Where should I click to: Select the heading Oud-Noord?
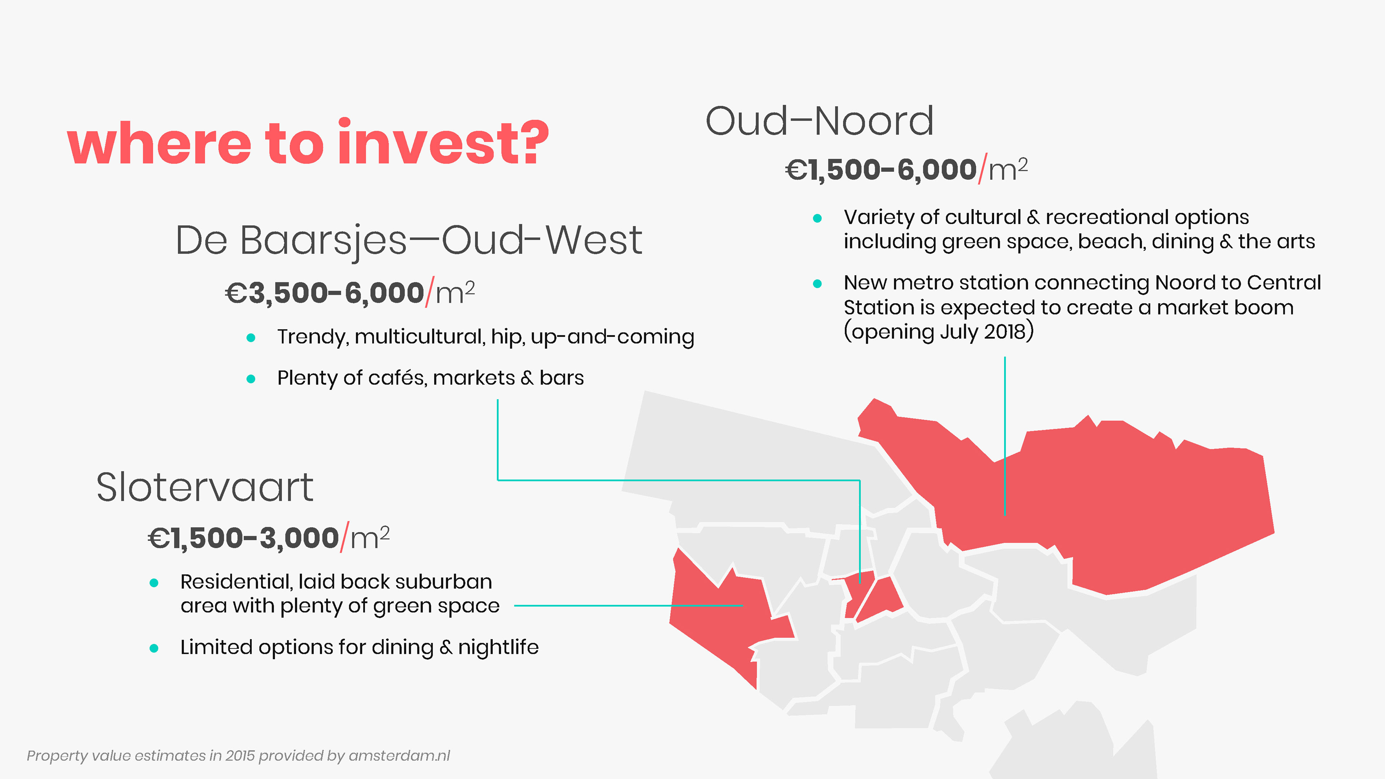(819, 122)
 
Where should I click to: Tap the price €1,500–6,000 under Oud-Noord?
(881, 170)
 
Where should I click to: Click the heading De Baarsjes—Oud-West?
(409, 240)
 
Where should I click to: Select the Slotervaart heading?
(205, 488)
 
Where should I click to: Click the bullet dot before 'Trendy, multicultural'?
(251, 338)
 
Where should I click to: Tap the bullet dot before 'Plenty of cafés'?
(251, 379)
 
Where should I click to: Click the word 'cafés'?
(398, 378)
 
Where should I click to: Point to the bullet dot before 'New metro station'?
(817, 283)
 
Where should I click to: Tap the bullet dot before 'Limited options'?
(154, 648)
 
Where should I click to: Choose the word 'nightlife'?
(498, 648)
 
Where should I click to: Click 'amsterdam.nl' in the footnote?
(400, 756)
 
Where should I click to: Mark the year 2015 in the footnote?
(240, 756)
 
